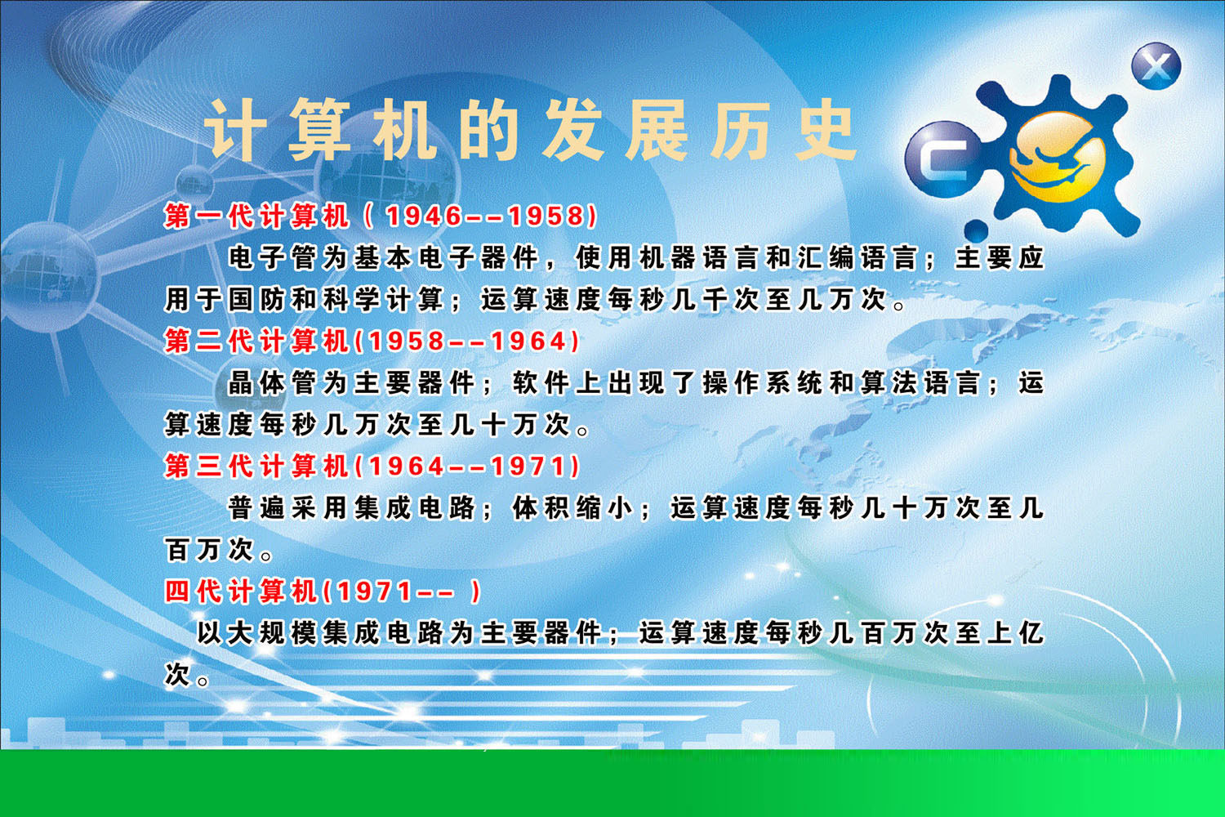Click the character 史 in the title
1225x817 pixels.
(825, 130)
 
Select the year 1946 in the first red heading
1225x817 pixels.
(424, 217)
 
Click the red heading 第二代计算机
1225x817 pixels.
(256, 342)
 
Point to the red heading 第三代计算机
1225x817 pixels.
(256, 467)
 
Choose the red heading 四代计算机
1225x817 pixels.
(241, 592)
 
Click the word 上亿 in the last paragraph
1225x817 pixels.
(1015, 633)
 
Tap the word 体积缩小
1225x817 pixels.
(572, 508)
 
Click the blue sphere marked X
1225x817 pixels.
(1156, 65)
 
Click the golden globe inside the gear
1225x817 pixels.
(1058, 157)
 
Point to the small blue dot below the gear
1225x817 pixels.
(976, 230)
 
